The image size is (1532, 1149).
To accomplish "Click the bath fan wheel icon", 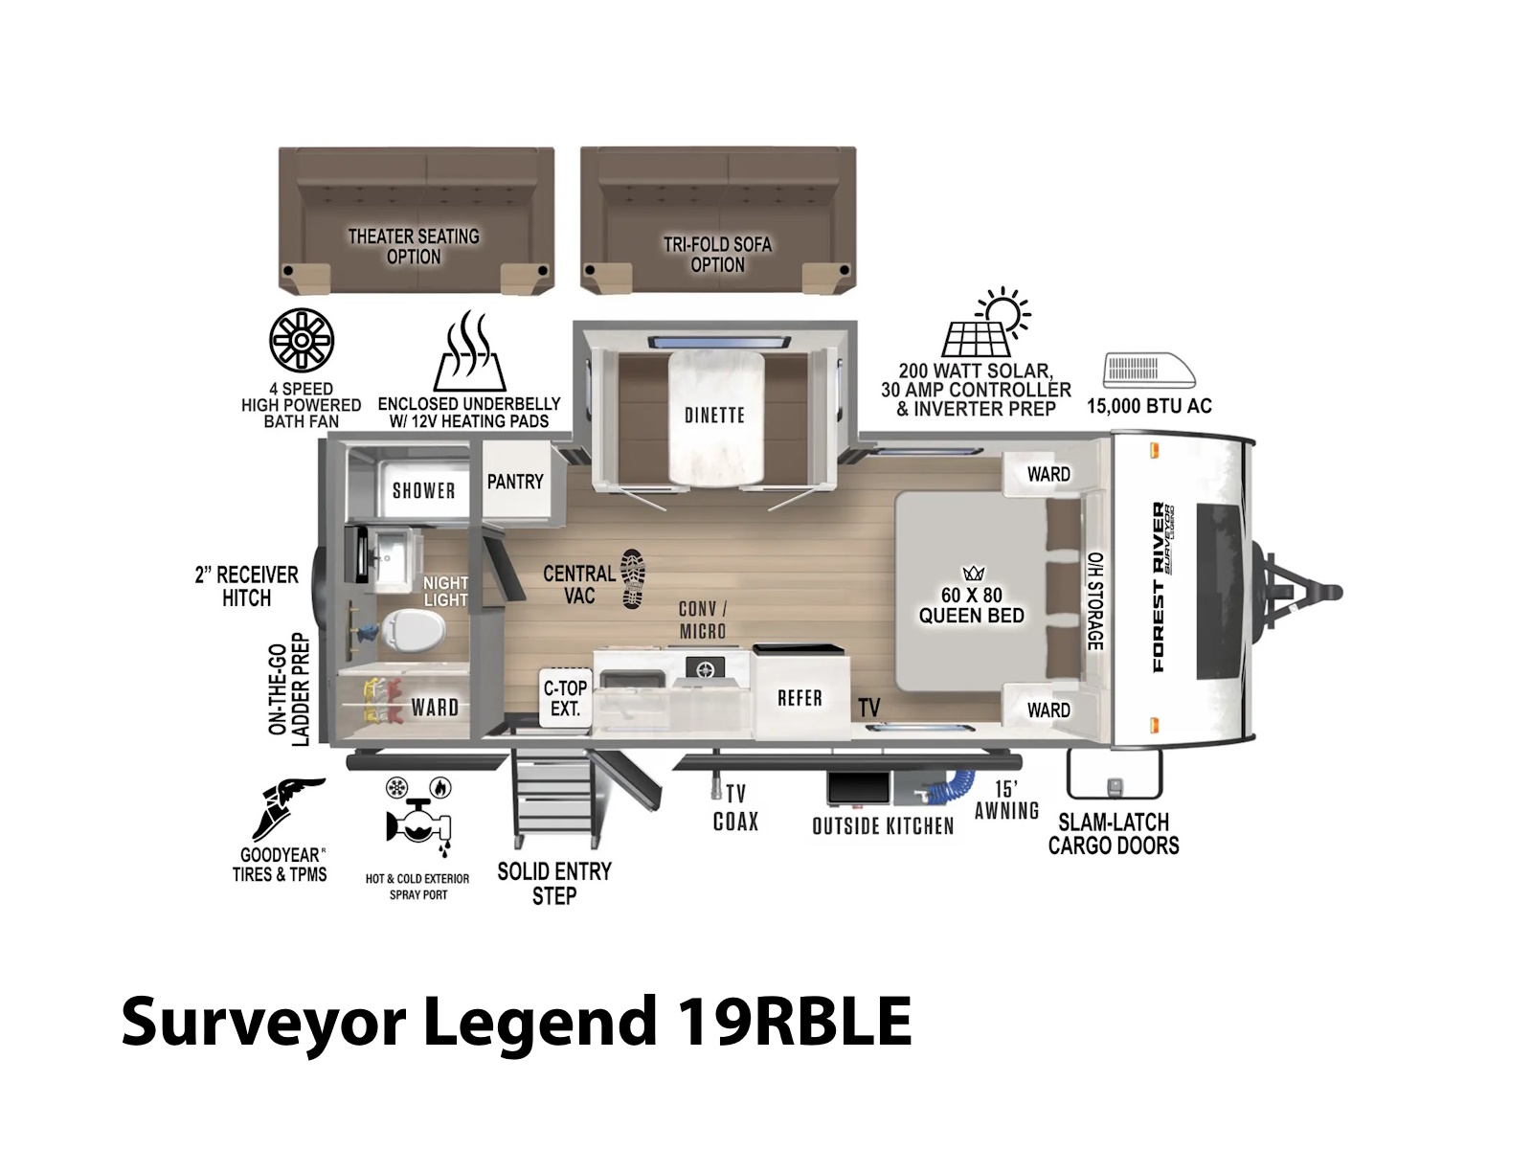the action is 302,341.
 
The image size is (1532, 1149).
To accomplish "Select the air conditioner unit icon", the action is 1149,371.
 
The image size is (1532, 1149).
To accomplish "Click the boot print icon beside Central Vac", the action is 633,578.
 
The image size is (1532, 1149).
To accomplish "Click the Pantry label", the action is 515,482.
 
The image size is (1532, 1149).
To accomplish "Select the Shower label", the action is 423,490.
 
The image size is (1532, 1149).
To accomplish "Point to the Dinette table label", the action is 714,416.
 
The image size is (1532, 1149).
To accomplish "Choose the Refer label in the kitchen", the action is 800,698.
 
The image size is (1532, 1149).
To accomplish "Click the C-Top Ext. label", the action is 565,698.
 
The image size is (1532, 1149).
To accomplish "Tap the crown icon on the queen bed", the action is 973,574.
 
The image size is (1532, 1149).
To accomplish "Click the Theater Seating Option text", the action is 414,246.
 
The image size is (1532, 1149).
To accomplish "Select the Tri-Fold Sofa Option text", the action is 717,255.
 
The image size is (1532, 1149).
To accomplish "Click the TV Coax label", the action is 735,808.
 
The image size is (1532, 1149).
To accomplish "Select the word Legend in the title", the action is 540,1022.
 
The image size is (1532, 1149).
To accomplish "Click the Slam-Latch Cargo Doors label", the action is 1114,834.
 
